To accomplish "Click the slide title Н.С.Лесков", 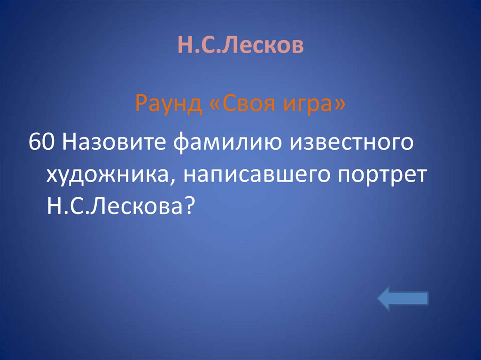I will pyautogui.click(x=240, y=46).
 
